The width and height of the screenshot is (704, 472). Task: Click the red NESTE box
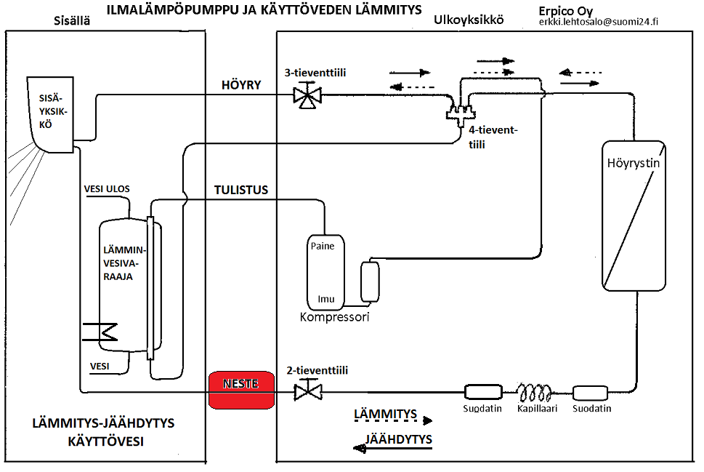(243, 391)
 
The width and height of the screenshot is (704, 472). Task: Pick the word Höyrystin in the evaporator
(634, 163)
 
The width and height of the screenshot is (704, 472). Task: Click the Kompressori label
(335, 317)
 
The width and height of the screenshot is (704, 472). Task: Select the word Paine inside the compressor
(323, 246)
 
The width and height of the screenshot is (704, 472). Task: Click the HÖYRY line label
(240, 84)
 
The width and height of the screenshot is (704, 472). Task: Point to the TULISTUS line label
(241, 190)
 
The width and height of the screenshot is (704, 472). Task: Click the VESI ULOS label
(108, 189)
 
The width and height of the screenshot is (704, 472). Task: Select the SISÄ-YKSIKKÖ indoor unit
(52, 113)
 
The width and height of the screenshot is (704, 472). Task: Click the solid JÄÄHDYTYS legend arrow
(392, 449)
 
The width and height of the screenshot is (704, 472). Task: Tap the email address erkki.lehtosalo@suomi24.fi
(599, 23)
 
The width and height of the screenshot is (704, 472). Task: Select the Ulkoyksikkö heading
(468, 20)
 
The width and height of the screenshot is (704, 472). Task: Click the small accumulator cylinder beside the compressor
(371, 282)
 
